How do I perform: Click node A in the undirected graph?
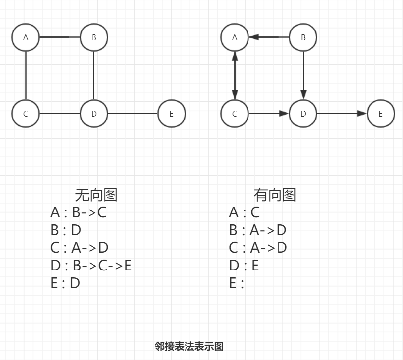coord(26,37)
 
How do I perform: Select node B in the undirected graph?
coord(93,37)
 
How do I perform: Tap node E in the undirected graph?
coord(171,114)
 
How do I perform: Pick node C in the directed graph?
coord(235,114)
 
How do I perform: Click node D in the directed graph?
coord(303,114)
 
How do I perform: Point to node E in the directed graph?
coord(380,114)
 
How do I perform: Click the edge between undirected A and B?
coord(60,37)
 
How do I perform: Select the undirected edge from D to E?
coord(132,114)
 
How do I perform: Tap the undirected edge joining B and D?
coord(93,75)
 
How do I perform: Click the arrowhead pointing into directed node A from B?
coord(254,37)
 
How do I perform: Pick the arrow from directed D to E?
coord(341,114)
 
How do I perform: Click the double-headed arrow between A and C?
coord(235,75)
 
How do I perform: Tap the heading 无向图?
coord(96,195)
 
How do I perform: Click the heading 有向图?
coord(275,195)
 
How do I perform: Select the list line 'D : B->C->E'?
coord(91,266)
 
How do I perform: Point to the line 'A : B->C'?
coord(78,212)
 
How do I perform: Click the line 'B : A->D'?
coord(258,230)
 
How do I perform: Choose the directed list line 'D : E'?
coord(244,266)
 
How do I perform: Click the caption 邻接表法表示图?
coord(189,346)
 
